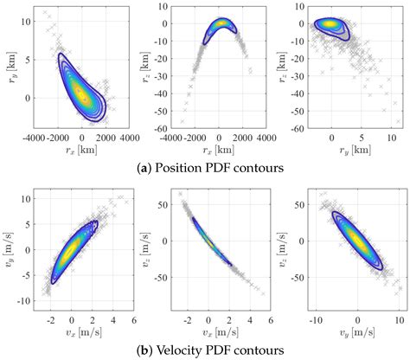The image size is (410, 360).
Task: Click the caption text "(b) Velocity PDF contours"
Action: coord(205,351)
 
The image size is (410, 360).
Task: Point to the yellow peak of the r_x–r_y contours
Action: coord(80,89)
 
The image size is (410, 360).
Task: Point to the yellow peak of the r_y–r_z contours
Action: coord(331,24)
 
